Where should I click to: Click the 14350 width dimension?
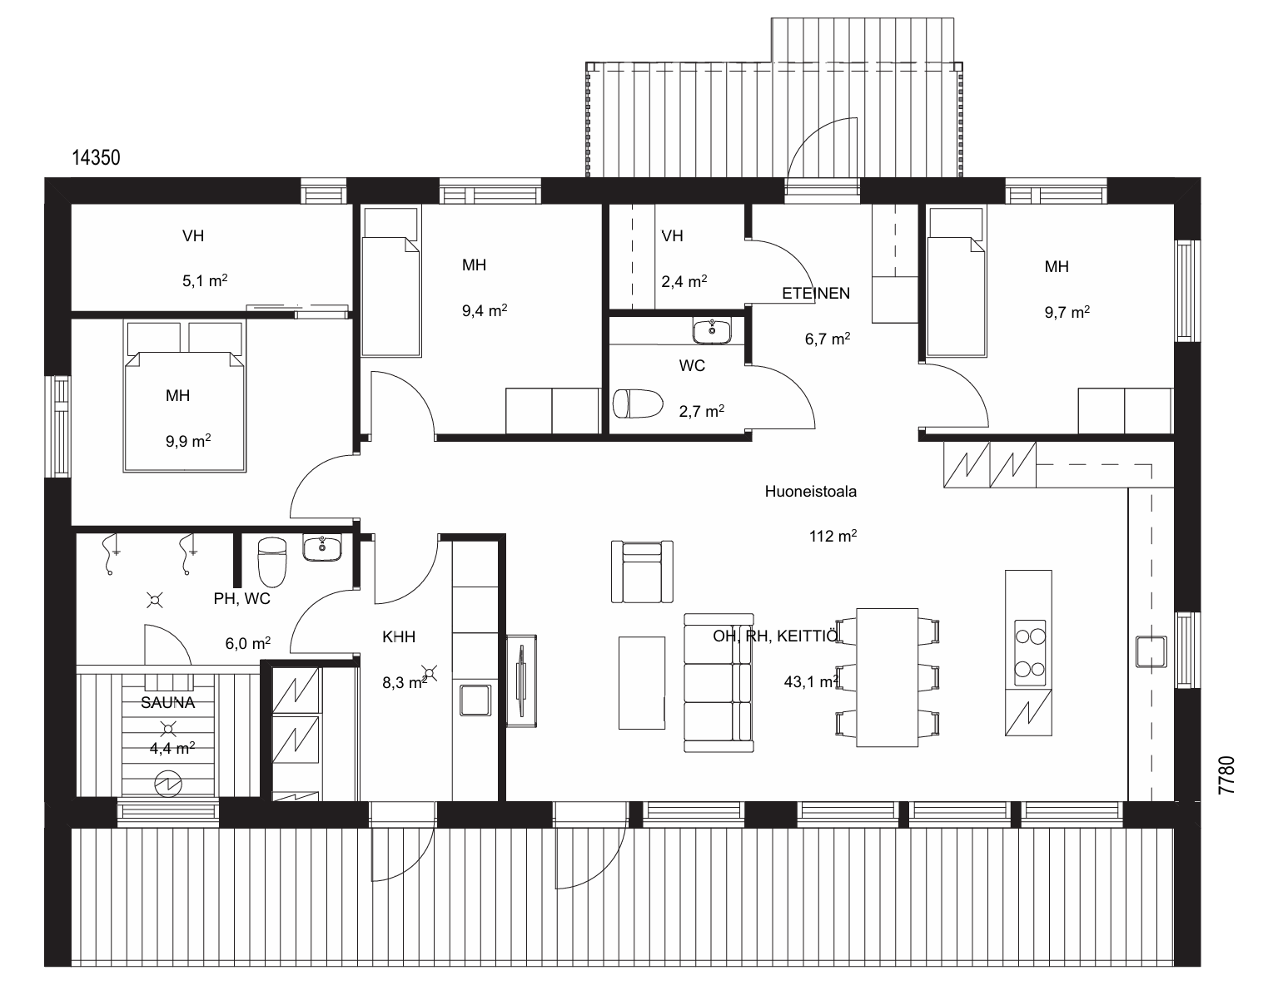(x=96, y=157)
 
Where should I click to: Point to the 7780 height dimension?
(x=1226, y=775)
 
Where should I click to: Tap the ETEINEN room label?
(x=815, y=293)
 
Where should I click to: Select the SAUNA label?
(x=167, y=702)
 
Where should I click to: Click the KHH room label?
(x=399, y=637)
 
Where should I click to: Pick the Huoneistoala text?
(x=811, y=491)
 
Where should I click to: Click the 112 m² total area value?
(x=833, y=536)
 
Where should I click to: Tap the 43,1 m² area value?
(x=811, y=681)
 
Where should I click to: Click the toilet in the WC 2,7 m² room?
(x=638, y=403)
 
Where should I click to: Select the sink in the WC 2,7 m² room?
(x=712, y=330)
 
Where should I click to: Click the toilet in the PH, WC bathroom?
(x=272, y=562)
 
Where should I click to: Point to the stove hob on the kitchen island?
(x=1029, y=652)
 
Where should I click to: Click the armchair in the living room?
(x=642, y=571)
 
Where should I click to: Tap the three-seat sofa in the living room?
(x=719, y=683)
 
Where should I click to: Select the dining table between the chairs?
(x=887, y=677)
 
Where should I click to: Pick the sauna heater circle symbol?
(x=168, y=785)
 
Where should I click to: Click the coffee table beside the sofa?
(x=641, y=683)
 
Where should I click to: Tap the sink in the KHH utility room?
(x=475, y=700)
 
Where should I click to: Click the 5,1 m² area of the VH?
(x=205, y=280)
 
